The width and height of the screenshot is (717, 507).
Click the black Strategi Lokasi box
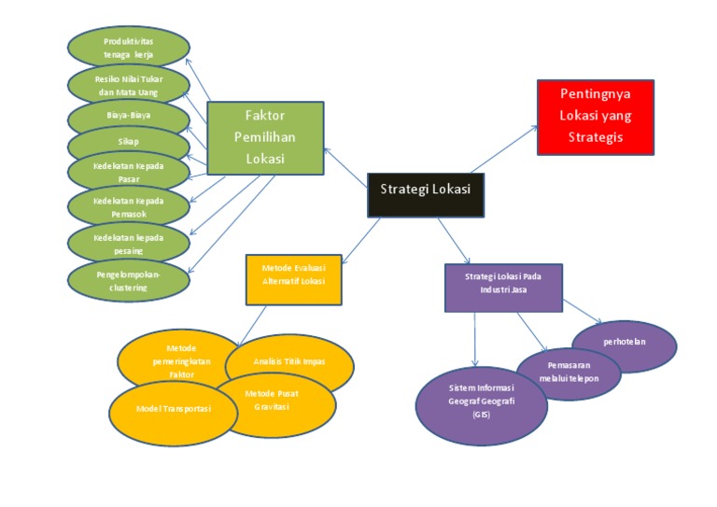coord(425,190)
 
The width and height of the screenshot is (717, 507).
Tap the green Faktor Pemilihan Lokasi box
coord(264,137)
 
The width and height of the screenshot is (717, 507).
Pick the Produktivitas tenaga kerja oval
coord(129,48)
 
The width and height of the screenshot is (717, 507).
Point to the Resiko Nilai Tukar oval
coord(129,86)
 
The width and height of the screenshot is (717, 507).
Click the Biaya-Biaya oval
coord(129,116)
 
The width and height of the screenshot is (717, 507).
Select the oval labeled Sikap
coord(129,142)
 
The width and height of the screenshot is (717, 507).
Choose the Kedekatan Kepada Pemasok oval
coord(129,206)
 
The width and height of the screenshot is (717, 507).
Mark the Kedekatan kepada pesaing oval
coord(129,244)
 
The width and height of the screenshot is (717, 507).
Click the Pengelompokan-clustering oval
coord(129,281)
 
